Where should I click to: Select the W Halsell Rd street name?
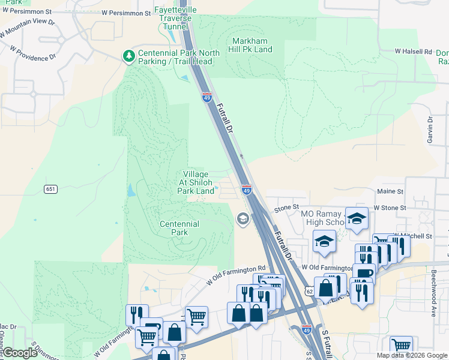click(x=413, y=52)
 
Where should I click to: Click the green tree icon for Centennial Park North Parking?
click(x=128, y=56)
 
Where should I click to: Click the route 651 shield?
click(x=50, y=189)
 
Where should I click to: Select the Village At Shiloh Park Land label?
click(x=196, y=182)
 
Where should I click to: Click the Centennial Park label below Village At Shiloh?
click(x=179, y=228)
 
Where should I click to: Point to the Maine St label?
click(x=390, y=191)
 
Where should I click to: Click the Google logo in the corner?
click(x=20, y=353)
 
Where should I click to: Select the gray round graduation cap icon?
click(x=243, y=218)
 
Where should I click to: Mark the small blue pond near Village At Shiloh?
click(x=131, y=191)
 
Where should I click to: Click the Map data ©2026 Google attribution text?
click(x=411, y=355)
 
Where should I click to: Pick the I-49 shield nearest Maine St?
click(x=246, y=190)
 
